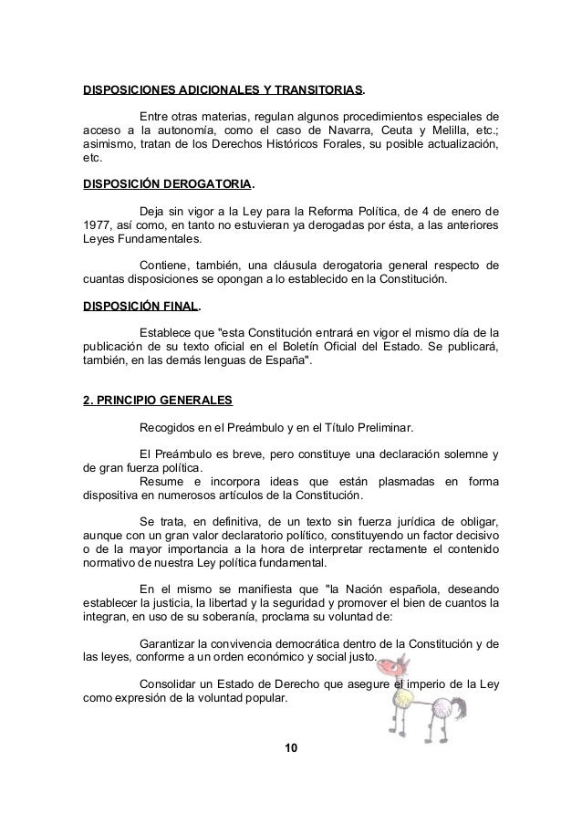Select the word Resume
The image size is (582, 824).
point(161,482)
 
